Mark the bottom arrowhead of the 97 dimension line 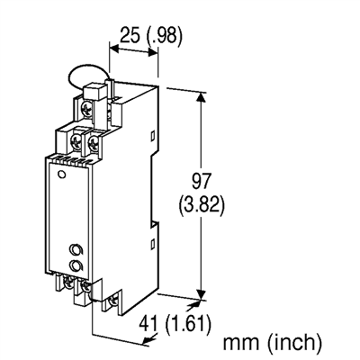click(x=200, y=292)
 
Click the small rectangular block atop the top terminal click(x=93, y=91)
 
